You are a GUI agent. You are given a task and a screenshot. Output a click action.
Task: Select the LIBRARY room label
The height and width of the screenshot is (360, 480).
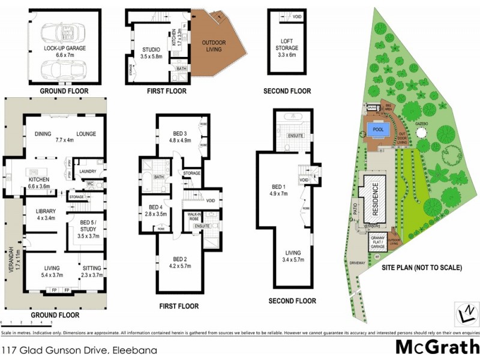coord(46,214)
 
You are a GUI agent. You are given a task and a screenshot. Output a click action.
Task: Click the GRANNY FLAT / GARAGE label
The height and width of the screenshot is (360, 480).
coord(377,243)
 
